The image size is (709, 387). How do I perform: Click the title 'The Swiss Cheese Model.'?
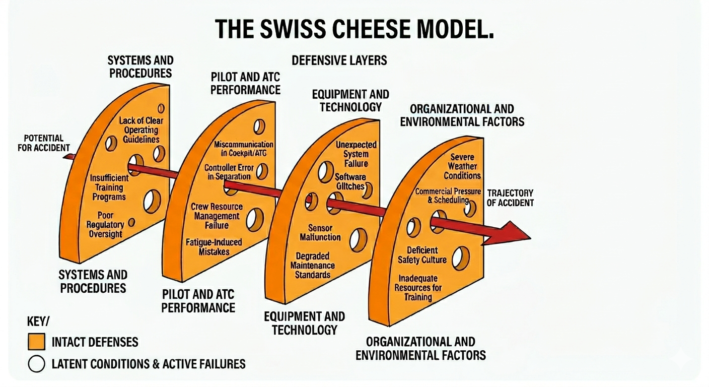[x=354, y=30]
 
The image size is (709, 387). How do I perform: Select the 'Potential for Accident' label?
[x=44, y=143]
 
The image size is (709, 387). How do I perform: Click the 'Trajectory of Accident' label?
[x=510, y=198]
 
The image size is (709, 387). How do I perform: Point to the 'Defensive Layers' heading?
[x=339, y=60]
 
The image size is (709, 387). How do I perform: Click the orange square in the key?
[x=36, y=342]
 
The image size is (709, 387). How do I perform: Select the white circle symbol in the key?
[x=36, y=364]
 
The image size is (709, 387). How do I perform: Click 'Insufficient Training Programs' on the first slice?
[x=109, y=187]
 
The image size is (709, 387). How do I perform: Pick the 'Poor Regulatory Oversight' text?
[x=105, y=224]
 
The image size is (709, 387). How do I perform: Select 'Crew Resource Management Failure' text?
[x=217, y=216]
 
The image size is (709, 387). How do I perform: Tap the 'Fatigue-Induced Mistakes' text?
[x=214, y=247]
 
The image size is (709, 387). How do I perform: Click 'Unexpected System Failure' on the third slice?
[x=356, y=154]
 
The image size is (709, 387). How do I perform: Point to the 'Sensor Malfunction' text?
[x=320, y=232]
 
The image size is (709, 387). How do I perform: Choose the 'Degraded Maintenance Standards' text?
[x=312, y=265]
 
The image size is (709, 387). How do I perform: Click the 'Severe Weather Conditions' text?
[x=462, y=166]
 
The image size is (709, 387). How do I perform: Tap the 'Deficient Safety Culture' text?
[x=422, y=255]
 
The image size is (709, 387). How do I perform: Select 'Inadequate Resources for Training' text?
[x=418, y=288]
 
